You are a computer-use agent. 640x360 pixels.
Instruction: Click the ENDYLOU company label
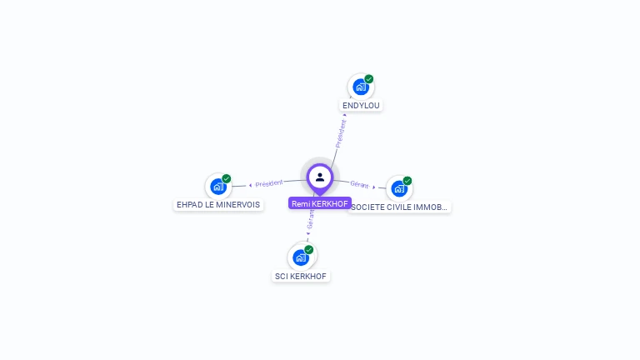[361, 106]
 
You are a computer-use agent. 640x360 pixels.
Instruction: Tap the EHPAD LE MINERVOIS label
[218, 204]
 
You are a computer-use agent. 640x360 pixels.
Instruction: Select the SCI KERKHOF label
[301, 276]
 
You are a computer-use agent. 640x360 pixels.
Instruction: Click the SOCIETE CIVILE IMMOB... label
[399, 207]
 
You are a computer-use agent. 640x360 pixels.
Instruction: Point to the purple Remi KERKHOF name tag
[320, 203]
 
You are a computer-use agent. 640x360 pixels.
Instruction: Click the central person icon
[320, 177]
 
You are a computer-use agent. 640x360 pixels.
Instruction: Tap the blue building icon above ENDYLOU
[360, 87]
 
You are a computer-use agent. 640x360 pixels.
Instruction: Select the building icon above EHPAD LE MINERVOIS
[217, 186]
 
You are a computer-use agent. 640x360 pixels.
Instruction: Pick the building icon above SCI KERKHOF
[300, 257]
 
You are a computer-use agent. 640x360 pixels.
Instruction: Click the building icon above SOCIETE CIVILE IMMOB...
[398, 188]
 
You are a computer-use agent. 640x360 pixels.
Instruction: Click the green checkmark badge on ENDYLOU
[369, 79]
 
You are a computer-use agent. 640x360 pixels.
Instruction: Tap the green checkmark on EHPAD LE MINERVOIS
[227, 178]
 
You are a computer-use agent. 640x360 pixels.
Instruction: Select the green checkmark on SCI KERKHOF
[309, 249]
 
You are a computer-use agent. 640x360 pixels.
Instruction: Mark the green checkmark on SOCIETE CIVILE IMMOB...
[407, 180]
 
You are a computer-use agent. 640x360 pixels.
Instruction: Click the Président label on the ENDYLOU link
[341, 133]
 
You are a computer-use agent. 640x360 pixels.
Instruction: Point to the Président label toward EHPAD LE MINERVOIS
[269, 183]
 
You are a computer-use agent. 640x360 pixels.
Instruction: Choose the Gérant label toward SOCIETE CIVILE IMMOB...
[359, 184]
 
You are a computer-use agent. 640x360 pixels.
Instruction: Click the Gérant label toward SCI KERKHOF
[311, 219]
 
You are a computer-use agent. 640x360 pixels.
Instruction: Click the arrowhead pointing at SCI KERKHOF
[307, 236]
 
